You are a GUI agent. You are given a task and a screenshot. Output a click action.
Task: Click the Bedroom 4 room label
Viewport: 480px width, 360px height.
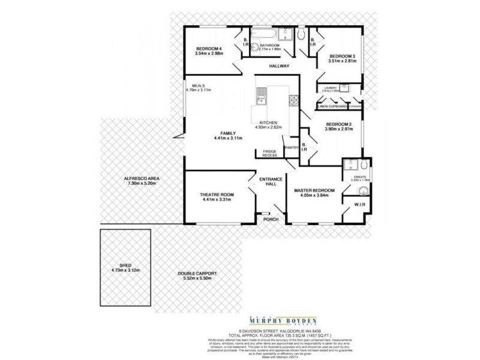pyautogui.click(x=209, y=49)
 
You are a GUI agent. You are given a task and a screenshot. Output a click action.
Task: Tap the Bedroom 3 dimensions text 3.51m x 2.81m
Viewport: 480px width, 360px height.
pyautogui.click(x=342, y=61)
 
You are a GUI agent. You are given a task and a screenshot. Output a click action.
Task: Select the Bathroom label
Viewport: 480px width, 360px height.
pyautogui.click(x=269, y=45)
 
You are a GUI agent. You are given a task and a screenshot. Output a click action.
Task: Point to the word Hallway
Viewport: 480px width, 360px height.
pyautogui.click(x=279, y=65)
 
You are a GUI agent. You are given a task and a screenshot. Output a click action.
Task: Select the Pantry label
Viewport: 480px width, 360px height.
pyautogui.click(x=292, y=146)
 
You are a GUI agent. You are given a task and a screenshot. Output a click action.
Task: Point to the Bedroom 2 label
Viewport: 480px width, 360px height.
pyautogui.click(x=338, y=124)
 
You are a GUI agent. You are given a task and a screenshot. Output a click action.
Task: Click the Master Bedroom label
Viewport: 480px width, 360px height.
pyautogui.click(x=314, y=191)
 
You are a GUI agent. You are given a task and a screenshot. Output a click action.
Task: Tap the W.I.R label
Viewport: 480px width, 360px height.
pyautogui.click(x=360, y=205)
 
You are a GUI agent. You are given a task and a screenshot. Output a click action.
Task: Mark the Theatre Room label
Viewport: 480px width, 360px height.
pyautogui.click(x=217, y=195)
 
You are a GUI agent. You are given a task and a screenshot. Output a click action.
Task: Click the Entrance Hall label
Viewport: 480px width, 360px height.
pyautogui.click(x=266, y=182)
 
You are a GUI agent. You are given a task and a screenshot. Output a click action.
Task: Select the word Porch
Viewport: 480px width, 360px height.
pyautogui.click(x=271, y=219)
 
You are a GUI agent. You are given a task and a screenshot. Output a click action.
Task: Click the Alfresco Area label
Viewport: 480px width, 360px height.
pyautogui.click(x=142, y=178)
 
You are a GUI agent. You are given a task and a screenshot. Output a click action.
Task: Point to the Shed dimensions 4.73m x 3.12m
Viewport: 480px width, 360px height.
pyautogui.click(x=125, y=271)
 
